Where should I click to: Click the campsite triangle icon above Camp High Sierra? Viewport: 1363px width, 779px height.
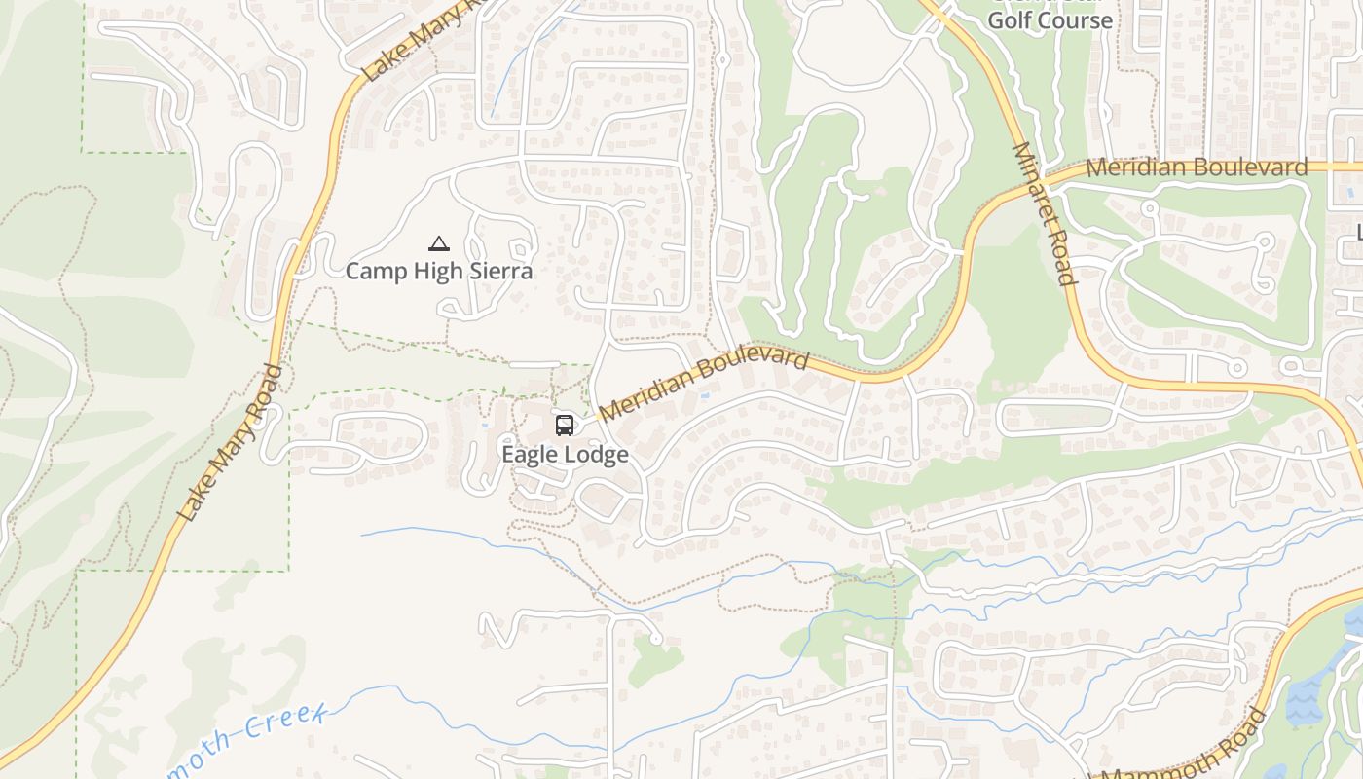439,243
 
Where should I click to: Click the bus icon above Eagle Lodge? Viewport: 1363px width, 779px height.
565,425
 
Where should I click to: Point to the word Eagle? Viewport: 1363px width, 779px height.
533,455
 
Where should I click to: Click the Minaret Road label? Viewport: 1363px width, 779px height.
1045,214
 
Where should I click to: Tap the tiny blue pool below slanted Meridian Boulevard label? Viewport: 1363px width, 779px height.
704,396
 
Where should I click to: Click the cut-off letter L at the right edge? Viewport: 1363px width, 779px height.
1359,232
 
